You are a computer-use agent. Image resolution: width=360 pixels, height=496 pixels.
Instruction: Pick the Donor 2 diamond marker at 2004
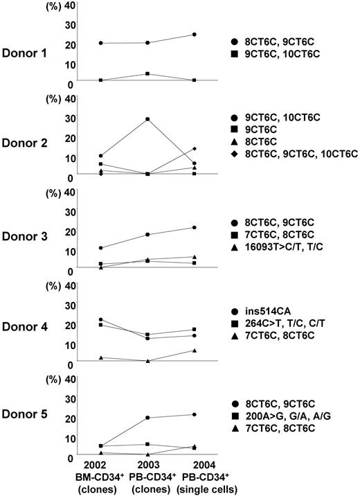pos(195,148)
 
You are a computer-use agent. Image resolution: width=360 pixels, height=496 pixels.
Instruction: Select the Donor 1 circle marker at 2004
pos(195,34)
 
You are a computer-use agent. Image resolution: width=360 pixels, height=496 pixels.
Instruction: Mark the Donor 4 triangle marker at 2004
pos(195,350)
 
